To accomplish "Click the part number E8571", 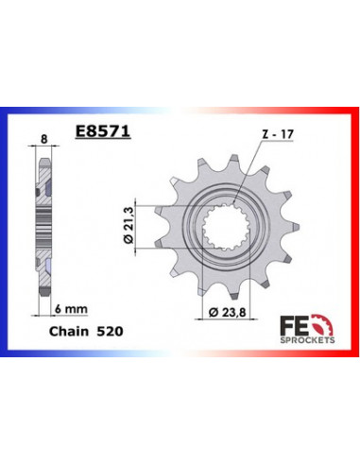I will [104, 134].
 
